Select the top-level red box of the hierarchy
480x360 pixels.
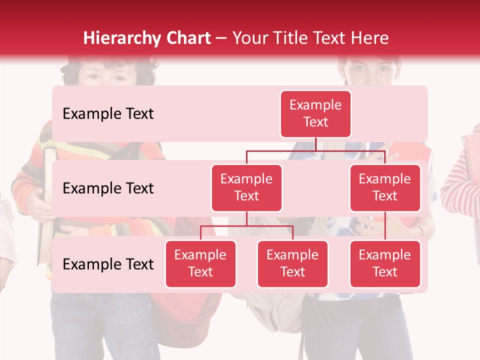pyautogui.click(x=315, y=113)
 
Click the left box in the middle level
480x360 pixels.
pyautogui.click(x=246, y=187)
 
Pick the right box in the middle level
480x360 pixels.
pyautogui.click(x=385, y=187)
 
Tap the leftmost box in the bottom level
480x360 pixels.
pyautogui.click(x=200, y=263)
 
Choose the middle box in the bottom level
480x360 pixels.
pyautogui.click(x=292, y=263)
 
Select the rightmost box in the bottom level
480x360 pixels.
pyautogui.click(x=385, y=263)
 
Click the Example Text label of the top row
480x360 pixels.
pyautogui.click(x=108, y=114)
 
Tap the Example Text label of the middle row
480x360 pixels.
pyautogui.click(x=108, y=188)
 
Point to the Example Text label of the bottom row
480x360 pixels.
pyautogui.click(x=108, y=264)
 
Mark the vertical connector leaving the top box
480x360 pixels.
pyautogui.click(x=315, y=144)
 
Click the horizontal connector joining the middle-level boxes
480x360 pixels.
pyautogui.click(x=315, y=150)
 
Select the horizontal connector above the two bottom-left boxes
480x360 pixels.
pyautogui.click(x=246, y=226)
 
